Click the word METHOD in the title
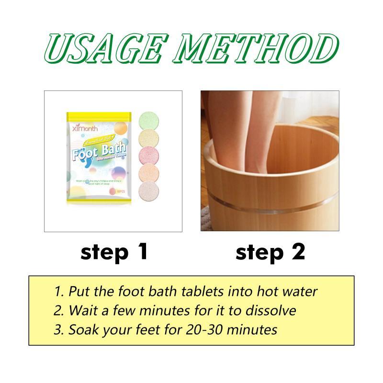[253, 50]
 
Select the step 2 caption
[270, 252]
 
